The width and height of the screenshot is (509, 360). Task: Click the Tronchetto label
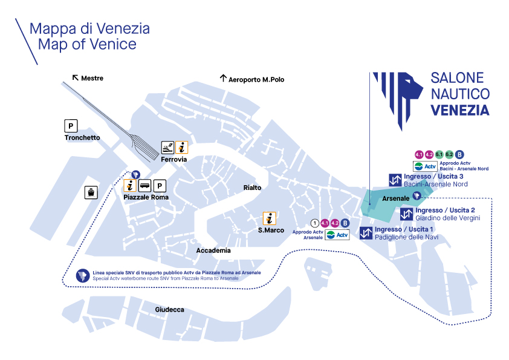pos(82,138)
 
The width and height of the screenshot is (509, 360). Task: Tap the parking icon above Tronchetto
pos(71,126)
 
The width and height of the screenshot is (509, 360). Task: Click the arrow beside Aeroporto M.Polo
pos(222,79)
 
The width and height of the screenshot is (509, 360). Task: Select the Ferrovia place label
pos(173,159)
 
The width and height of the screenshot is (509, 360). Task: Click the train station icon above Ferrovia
pos(167,147)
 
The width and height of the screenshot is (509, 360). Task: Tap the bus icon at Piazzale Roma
pos(145,186)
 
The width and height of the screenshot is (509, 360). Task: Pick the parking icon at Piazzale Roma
pos(160,186)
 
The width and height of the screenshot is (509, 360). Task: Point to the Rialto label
pos(252,188)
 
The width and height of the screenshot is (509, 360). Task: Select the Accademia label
pos(213,250)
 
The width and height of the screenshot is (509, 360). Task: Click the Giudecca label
pos(169,310)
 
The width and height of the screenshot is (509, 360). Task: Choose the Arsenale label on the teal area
pos(394,198)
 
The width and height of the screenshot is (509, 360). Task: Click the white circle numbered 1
pos(314,223)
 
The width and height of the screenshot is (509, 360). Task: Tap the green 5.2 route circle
pos(449,154)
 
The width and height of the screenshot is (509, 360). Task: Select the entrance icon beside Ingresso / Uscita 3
pos(395,180)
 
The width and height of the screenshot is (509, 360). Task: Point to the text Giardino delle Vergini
pos(448,218)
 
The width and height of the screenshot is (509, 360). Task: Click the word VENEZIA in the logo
pos(460,110)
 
